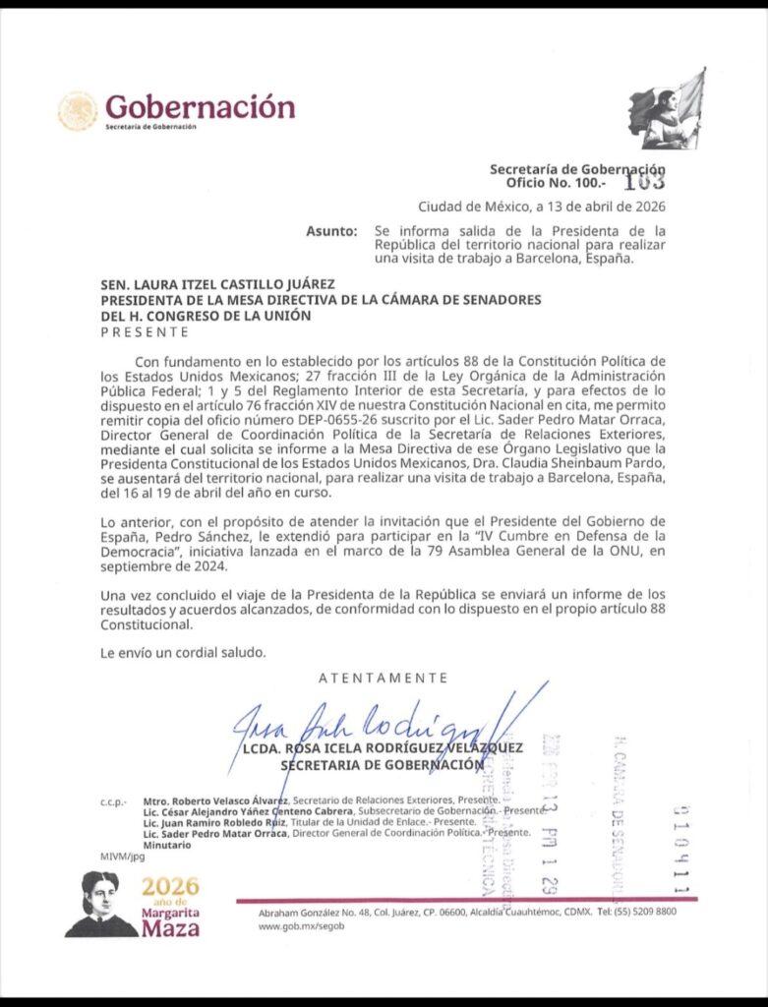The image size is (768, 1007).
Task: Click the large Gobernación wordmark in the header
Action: pos(200,105)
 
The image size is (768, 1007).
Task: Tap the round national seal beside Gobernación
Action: pos(78,111)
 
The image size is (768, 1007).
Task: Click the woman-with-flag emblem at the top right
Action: pos(668,110)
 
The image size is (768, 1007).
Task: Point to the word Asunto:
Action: pos(331,232)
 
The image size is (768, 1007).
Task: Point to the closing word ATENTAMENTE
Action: pos(384,678)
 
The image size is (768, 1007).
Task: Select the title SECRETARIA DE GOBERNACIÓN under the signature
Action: pos(383,764)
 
